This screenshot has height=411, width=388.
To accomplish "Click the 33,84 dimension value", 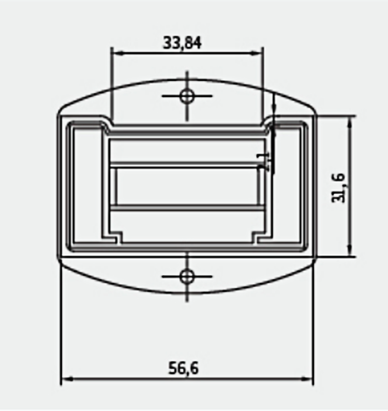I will (182, 42).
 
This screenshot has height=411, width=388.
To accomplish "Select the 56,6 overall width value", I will (184, 369).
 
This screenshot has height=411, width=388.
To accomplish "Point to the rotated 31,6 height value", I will (338, 187).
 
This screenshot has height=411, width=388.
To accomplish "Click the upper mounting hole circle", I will (187, 96).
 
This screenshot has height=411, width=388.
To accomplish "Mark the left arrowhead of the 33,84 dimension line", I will (116, 53).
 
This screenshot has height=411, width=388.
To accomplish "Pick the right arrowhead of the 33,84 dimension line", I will (259, 53).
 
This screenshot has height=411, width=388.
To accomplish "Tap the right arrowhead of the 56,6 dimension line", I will (309, 379).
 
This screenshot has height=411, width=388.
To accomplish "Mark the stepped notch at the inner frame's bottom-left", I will (115, 237).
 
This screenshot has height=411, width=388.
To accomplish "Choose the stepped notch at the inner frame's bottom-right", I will (258, 237).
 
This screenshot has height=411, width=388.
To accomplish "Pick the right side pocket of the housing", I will (288, 186).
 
